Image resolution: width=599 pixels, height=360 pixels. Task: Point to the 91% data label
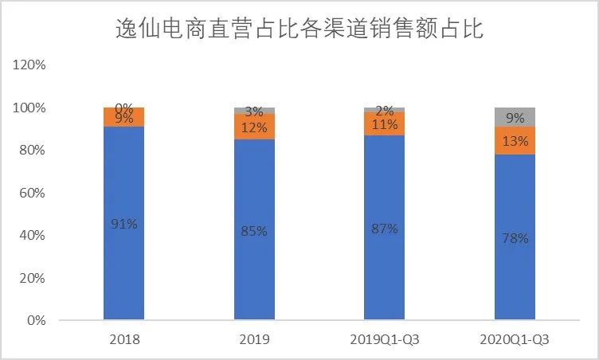click(123, 224)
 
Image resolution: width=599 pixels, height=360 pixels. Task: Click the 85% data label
click(254, 231)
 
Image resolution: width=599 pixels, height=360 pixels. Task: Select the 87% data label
click(384, 229)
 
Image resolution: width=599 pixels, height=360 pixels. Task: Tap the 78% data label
click(515, 238)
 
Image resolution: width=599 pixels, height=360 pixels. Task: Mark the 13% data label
click(515, 141)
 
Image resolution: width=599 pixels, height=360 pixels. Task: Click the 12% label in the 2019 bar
click(254, 127)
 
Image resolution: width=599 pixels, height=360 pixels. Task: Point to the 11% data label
click(384, 124)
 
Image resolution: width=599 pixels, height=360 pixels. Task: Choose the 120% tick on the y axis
click(30, 65)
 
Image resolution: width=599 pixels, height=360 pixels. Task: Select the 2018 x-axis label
click(123, 339)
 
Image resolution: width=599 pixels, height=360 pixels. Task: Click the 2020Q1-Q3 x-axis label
click(515, 339)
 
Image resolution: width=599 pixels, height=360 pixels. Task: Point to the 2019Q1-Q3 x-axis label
click(384, 339)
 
